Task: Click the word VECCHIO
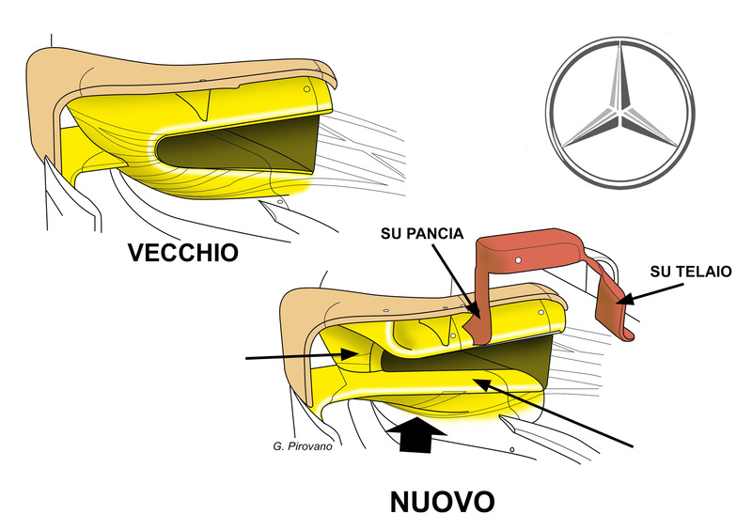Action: (x=185, y=253)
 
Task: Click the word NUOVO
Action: (x=441, y=501)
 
